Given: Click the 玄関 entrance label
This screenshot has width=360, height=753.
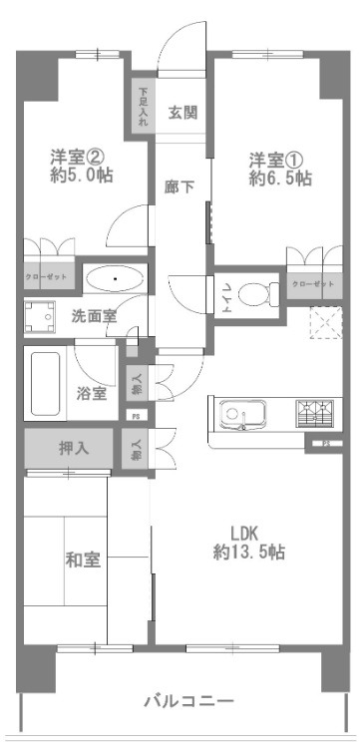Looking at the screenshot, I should [x=181, y=112].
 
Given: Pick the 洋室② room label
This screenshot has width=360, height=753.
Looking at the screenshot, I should [x=76, y=157].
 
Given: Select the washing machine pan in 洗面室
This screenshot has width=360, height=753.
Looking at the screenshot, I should [x=41, y=317].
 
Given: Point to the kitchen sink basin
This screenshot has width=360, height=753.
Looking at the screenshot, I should [x=241, y=412].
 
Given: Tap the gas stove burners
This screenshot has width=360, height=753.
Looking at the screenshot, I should [x=316, y=411].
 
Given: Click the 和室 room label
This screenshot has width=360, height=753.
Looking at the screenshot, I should [x=82, y=560].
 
